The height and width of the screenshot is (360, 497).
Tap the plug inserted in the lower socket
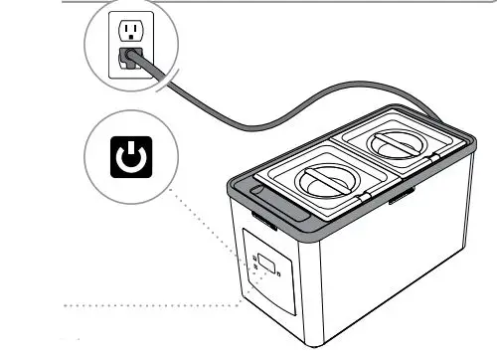(x=129, y=58)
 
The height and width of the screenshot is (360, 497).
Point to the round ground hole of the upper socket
(x=128, y=37)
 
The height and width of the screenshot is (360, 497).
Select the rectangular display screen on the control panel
(x=267, y=255)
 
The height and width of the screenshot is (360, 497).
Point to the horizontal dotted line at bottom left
(x=149, y=303)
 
